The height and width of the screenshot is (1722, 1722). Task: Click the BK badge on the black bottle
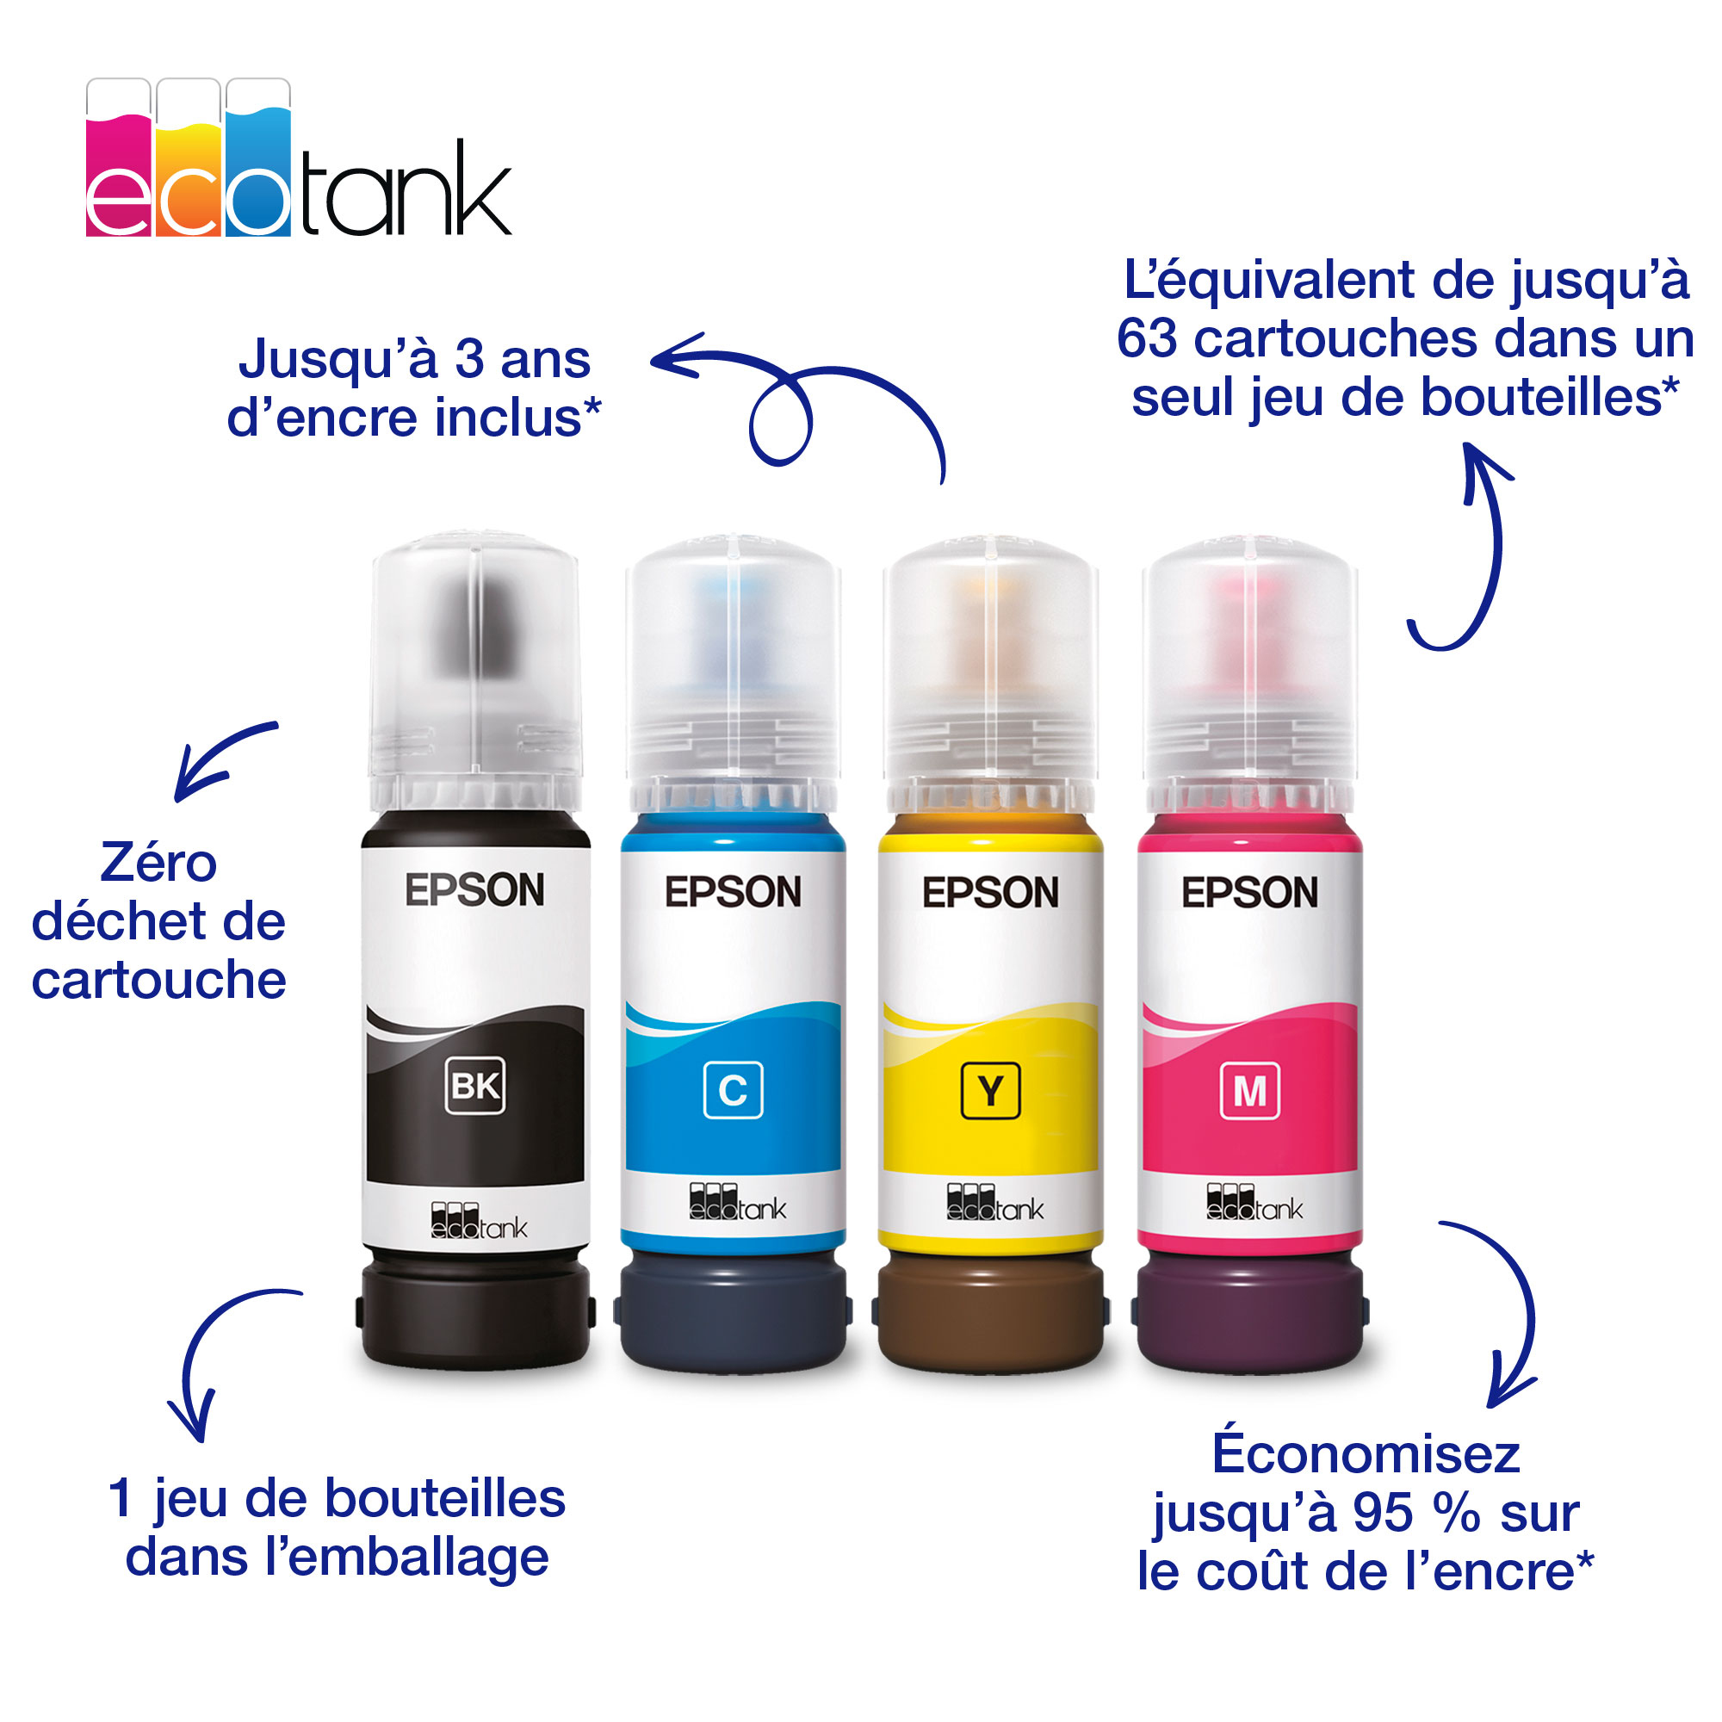pyautogui.click(x=475, y=1086)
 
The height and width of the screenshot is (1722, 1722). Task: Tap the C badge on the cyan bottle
pyautogui.click(x=733, y=1090)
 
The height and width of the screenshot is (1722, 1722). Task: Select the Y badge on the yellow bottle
pyautogui.click(x=990, y=1090)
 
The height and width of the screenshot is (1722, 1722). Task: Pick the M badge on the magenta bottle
pyautogui.click(x=1249, y=1090)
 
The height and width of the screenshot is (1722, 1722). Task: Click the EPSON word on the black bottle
pyautogui.click(x=474, y=890)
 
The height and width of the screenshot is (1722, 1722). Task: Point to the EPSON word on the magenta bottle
pyautogui.click(x=1249, y=892)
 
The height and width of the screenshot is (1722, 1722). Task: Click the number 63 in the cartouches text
pyautogui.click(x=1147, y=338)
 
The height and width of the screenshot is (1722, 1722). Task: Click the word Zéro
pyautogui.click(x=158, y=862)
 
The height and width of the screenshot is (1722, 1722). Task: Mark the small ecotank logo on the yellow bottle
pyautogui.click(x=994, y=1202)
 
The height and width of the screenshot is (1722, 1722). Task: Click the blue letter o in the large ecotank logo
pyautogui.click(x=257, y=203)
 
